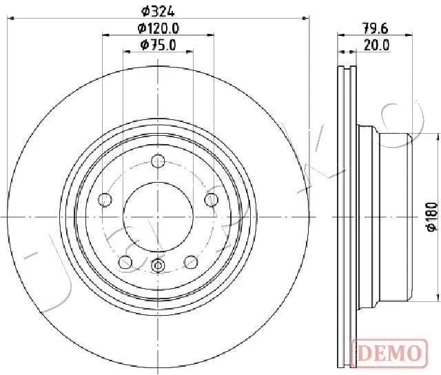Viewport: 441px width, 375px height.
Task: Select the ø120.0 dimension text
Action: (x=158, y=28)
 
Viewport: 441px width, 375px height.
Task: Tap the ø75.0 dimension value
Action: (x=158, y=45)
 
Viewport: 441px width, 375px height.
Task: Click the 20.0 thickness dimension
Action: (x=377, y=45)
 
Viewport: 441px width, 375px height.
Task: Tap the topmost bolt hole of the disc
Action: (x=158, y=161)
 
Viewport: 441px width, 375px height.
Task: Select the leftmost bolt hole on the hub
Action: (x=105, y=200)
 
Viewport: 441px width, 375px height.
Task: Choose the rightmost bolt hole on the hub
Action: (x=211, y=200)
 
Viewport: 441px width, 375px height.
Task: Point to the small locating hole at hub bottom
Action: (x=158, y=266)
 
